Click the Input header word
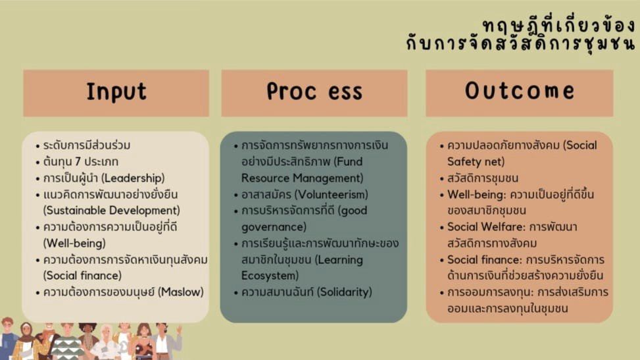(116, 92)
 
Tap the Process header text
(314, 91)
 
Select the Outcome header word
(520, 90)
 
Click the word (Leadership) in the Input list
(133, 178)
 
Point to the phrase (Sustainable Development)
(111, 211)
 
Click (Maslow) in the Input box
(181, 292)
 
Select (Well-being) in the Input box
(74, 244)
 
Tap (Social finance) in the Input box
(82, 276)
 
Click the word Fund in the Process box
(348, 162)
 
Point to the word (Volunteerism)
(331, 195)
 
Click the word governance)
(274, 227)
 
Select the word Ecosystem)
(270, 276)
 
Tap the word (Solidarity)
(345, 292)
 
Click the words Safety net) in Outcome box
(476, 162)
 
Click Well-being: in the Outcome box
(476, 195)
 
